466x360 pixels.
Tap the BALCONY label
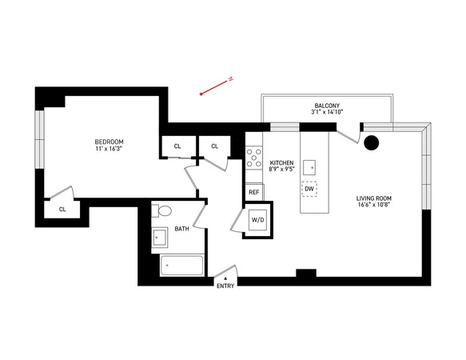(327, 105)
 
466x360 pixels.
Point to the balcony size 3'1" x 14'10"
(327, 113)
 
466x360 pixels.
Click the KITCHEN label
(281, 162)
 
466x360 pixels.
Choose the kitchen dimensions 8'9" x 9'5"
(281, 170)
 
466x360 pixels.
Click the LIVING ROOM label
(374, 198)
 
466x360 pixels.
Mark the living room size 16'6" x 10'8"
(374, 206)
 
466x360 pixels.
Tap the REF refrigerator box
(254, 192)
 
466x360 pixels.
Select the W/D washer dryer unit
(257, 220)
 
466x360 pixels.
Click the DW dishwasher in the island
(309, 190)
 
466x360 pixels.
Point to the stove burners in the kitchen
(253, 158)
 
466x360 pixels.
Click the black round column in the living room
(372, 143)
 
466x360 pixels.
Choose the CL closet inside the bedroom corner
(62, 209)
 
